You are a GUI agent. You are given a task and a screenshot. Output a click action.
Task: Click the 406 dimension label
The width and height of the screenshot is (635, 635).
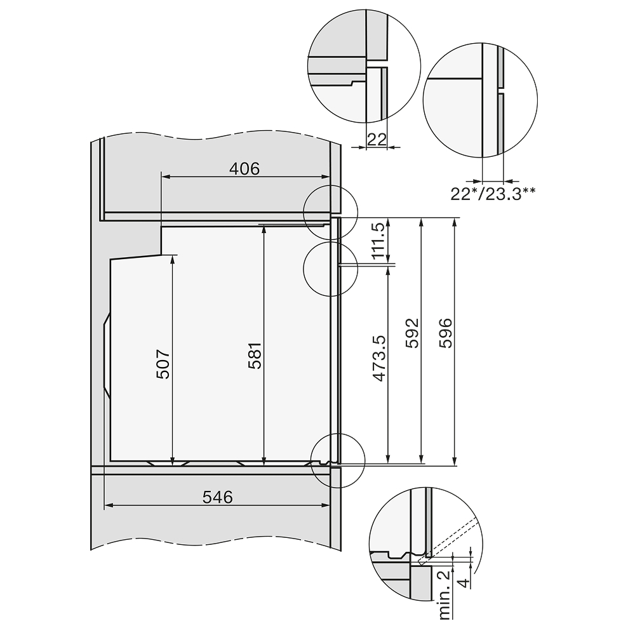tap(244, 168)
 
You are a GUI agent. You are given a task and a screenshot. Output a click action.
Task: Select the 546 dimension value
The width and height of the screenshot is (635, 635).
tap(218, 497)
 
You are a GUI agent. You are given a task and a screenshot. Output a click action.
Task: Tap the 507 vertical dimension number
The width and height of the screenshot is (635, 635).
tap(163, 364)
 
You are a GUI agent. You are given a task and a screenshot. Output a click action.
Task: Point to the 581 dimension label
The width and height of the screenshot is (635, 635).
tap(255, 356)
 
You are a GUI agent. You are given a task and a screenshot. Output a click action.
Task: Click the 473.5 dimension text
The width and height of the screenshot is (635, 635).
tap(378, 358)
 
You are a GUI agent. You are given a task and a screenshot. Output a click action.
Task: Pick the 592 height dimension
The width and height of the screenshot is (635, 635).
tap(412, 333)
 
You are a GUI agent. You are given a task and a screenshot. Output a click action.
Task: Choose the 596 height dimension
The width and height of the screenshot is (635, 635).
tap(446, 333)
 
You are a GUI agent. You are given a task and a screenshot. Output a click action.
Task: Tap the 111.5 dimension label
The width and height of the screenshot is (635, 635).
tap(378, 241)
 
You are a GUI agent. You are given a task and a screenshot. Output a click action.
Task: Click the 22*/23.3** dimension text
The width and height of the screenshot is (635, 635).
tap(493, 194)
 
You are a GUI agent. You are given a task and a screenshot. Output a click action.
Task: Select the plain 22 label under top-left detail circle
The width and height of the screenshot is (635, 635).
tap(377, 140)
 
